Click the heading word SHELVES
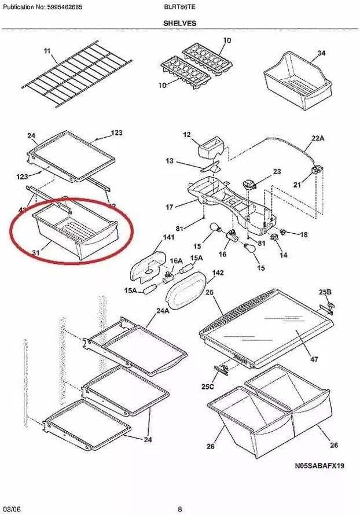tap(179, 23)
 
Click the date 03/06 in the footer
tap(16, 509)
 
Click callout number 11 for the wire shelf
tap(47, 51)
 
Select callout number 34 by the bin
tap(321, 53)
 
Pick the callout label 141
tap(152, 237)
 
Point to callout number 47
tap(314, 359)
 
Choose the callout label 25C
tap(208, 386)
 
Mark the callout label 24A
tap(163, 311)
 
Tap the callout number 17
tap(170, 207)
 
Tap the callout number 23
tap(277, 171)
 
